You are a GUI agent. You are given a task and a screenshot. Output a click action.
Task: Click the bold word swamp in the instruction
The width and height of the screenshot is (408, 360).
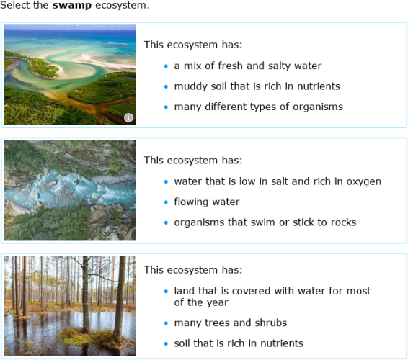point(71,6)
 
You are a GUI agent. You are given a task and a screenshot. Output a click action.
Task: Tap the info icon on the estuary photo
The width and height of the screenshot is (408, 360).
point(129,117)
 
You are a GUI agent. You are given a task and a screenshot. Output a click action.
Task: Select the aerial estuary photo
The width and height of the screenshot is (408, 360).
point(70,75)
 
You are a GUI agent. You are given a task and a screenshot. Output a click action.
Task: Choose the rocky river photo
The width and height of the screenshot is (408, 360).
point(70,190)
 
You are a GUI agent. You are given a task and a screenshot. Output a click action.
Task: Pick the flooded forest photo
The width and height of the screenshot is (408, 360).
point(70,305)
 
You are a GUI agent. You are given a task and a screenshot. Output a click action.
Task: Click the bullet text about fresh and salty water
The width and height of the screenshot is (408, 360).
point(247,66)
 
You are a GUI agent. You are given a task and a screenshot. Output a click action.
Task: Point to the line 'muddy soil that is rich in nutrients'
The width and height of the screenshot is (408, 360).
point(257,86)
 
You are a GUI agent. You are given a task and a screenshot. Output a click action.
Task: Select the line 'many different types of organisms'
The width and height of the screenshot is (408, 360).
point(258,107)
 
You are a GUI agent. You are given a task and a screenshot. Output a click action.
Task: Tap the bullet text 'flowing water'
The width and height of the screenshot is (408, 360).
point(207,202)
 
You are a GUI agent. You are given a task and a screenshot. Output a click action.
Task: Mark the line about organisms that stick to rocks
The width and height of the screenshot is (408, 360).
point(265,222)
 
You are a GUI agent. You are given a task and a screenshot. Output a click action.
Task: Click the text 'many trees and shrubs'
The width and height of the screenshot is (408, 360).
point(230,323)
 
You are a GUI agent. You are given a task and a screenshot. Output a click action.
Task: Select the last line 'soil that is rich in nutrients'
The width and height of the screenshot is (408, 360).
point(239,343)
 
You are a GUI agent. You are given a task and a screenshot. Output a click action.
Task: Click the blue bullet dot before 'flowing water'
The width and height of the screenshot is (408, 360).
point(165,202)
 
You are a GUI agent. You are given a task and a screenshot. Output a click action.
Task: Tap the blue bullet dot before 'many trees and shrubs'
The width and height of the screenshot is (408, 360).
point(165,323)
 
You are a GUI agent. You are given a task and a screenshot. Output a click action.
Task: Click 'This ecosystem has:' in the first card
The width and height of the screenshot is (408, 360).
point(193,45)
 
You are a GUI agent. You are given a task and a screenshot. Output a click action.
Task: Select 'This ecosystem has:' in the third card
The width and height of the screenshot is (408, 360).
point(193,270)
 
